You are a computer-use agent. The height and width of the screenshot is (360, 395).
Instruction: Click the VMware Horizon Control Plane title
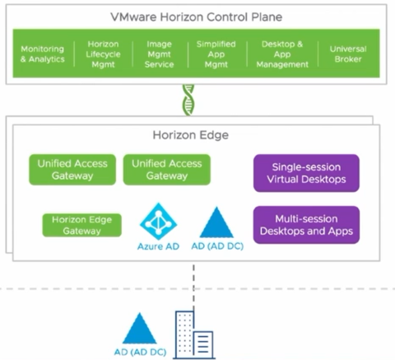197,16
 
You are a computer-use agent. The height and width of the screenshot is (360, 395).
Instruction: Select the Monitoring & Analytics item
41,54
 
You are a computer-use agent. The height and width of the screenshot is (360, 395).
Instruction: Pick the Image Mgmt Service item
158,54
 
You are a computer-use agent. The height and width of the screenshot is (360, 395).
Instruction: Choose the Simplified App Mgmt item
216,54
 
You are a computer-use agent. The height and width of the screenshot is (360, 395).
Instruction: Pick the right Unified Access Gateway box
167,170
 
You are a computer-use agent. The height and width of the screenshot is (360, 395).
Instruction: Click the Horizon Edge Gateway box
82,225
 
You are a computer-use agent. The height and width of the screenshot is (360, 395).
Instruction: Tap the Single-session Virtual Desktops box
305,173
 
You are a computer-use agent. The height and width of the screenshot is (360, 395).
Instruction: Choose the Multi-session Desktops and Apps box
305,225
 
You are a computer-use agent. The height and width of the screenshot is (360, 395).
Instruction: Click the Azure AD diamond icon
158,220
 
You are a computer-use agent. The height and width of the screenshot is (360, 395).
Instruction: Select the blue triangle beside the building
139,330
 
